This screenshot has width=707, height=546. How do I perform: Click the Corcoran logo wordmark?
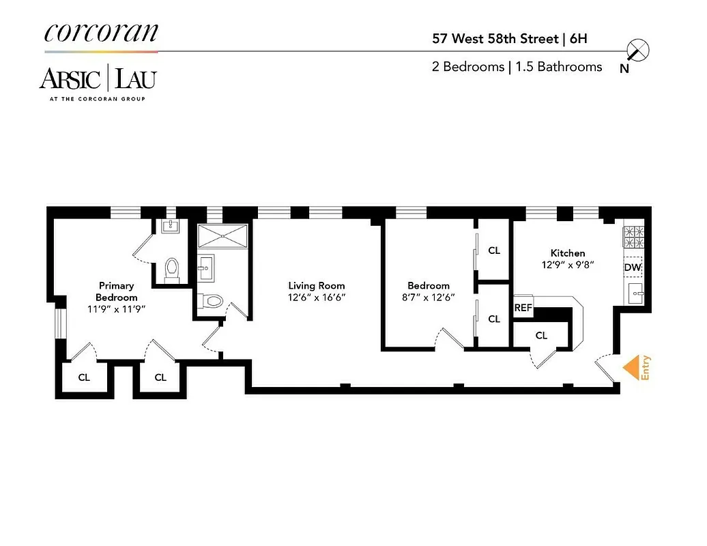click(x=101, y=32)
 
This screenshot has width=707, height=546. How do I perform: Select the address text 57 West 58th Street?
click(x=495, y=39)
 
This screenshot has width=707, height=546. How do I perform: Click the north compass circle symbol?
click(x=638, y=51)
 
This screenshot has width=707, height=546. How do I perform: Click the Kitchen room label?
click(x=568, y=253)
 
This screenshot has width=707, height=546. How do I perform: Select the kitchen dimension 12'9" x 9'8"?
click(x=568, y=265)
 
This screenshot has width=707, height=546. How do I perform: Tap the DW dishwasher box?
click(x=633, y=267)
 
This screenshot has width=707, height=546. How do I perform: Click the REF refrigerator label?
click(x=523, y=308)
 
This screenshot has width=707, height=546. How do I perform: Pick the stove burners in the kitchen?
click(x=633, y=237)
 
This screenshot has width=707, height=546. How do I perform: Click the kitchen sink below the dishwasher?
click(x=635, y=295)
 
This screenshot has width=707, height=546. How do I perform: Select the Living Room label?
click(x=316, y=285)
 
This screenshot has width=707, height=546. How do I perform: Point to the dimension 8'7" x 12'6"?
click(x=429, y=298)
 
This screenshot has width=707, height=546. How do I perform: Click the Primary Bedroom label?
click(x=116, y=291)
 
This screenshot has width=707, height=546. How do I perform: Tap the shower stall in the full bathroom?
click(x=224, y=236)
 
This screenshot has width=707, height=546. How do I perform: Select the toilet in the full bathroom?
click(x=212, y=301)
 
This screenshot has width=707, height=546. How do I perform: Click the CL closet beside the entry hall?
click(x=541, y=335)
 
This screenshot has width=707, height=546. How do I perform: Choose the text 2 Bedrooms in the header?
click(x=467, y=67)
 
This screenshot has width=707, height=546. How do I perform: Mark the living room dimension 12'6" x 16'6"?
click(x=316, y=298)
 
